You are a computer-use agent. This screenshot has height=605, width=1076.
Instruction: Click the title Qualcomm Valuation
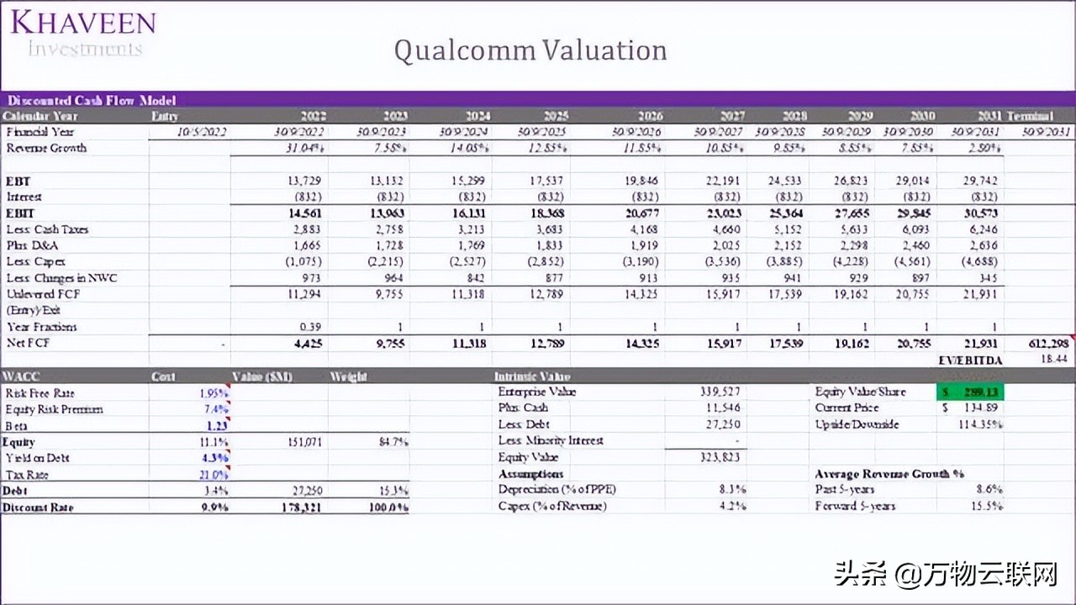[530, 50]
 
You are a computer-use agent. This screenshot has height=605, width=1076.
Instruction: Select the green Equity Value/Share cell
[969, 392]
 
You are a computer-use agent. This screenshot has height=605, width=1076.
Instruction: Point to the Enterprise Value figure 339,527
[720, 392]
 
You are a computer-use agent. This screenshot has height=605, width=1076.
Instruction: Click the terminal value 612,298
[1048, 344]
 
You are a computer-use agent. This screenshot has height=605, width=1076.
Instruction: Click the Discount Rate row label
[39, 507]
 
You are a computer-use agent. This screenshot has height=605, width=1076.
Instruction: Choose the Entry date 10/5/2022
[202, 132]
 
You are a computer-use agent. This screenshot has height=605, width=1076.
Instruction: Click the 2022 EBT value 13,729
[304, 181]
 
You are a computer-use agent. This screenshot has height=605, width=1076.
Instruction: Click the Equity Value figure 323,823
[720, 457]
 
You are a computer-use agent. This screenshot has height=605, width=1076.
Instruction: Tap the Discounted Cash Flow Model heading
[92, 100]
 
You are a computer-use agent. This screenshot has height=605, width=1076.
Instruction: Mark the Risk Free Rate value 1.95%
[214, 392]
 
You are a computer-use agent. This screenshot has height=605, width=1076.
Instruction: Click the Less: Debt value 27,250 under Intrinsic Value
[722, 424]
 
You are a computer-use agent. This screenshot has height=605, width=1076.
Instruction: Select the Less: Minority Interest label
[550, 440]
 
